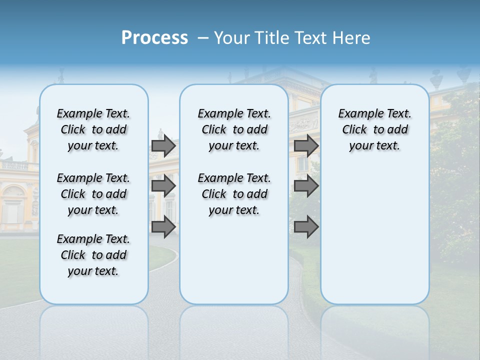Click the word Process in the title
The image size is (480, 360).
click(x=154, y=38)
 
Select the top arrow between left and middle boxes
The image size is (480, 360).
click(x=163, y=146)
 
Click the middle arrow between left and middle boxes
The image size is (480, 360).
click(x=163, y=186)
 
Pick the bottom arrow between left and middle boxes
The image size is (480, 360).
click(x=163, y=227)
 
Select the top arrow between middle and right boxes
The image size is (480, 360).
click(x=306, y=146)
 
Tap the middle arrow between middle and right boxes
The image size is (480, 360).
click(x=306, y=186)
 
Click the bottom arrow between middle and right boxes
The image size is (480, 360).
click(x=306, y=227)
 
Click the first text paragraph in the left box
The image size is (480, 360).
click(x=93, y=129)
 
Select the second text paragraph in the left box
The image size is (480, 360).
click(x=93, y=194)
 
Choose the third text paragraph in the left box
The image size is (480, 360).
click(x=93, y=255)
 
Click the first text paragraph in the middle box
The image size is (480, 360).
click(x=234, y=129)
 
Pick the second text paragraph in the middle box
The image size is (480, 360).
click(x=234, y=194)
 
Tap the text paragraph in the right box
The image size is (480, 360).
click(x=374, y=129)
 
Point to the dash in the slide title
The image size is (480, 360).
click(x=203, y=38)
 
